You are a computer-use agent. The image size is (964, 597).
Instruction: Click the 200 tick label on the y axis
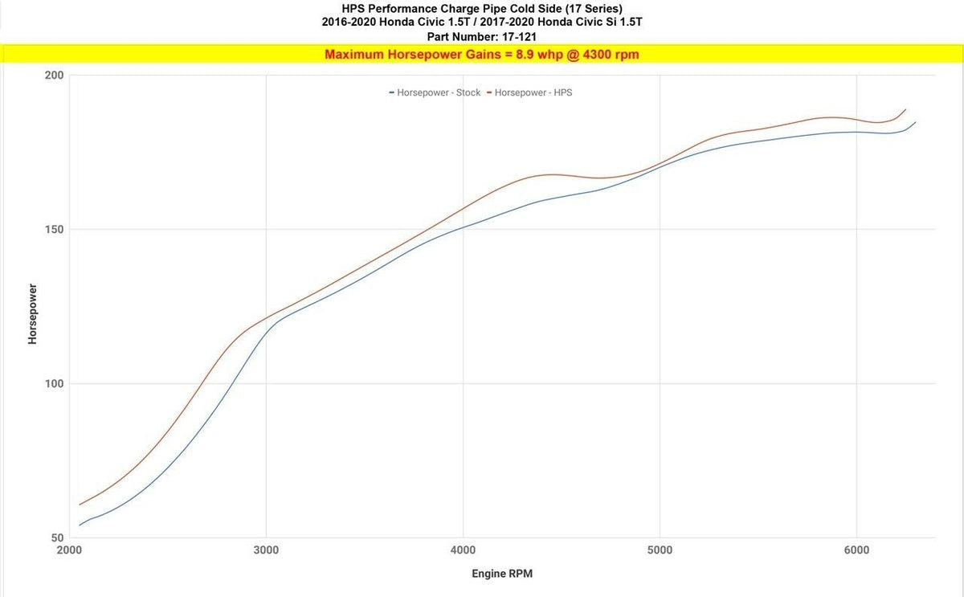(x=54, y=76)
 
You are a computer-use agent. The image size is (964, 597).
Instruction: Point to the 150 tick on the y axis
(x=54, y=230)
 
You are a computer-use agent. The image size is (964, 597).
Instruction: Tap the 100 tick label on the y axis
(x=54, y=384)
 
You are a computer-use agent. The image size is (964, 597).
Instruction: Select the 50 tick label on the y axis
(x=57, y=538)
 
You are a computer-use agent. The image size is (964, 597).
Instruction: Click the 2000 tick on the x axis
(x=69, y=550)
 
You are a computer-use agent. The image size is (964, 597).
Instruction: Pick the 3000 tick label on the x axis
(x=266, y=550)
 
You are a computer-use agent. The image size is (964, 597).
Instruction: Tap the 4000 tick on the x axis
(x=463, y=550)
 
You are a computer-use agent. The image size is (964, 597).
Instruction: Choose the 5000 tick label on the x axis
(x=660, y=550)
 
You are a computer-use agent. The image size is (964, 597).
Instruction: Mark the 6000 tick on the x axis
(x=856, y=550)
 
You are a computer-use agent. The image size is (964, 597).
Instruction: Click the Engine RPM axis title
(x=501, y=574)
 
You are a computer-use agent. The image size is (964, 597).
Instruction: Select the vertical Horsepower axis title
(x=33, y=313)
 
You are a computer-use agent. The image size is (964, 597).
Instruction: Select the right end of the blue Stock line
(x=915, y=122)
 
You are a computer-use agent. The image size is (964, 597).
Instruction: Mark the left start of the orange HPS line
(x=80, y=505)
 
